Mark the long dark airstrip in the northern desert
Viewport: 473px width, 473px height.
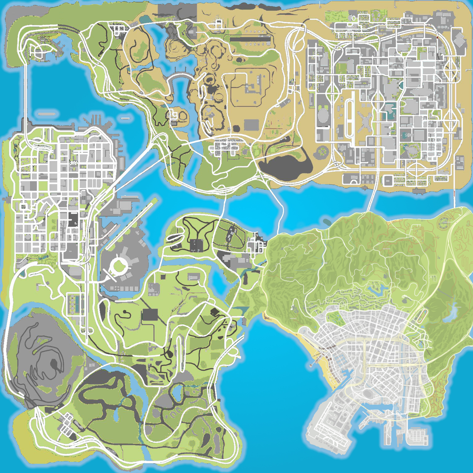pyautogui.click(x=250, y=39)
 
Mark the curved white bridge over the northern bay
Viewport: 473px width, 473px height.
pyautogui.click(x=182, y=75)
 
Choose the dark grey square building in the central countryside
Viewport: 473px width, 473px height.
pyautogui.click(x=150, y=315)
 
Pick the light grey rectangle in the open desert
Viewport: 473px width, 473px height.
pyautogui.click(x=251, y=125)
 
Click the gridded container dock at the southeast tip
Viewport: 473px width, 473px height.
pyautogui.click(x=417, y=436)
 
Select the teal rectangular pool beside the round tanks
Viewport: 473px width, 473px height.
pyautogui.click(x=78, y=303)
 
